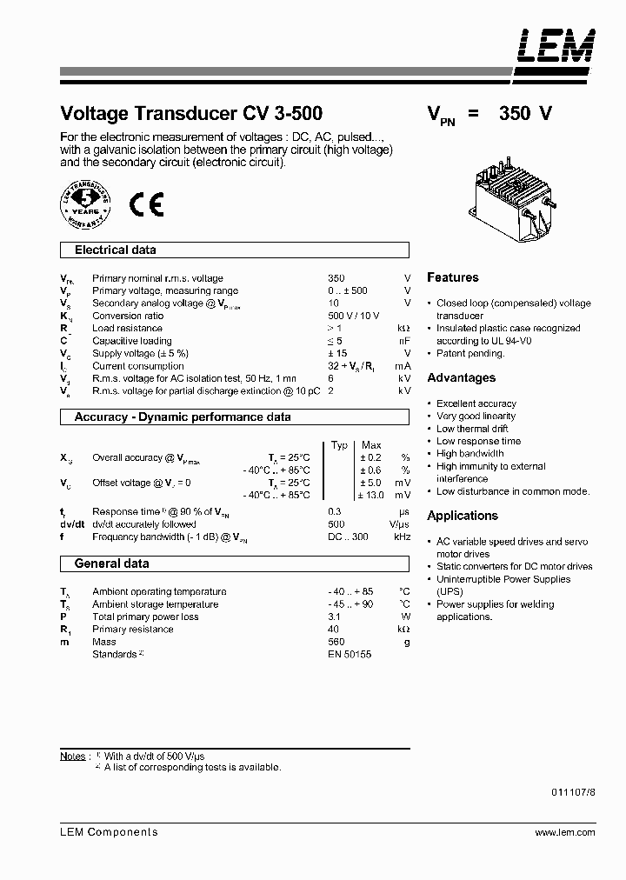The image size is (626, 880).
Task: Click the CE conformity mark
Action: pyautogui.click(x=146, y=203)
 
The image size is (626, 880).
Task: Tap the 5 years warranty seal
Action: pyautogui.click(x=86, y=203)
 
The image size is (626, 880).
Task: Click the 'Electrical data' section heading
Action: pyautogui.click(x=116, y=250)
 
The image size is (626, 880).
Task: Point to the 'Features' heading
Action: pyautogui.click(x=452, y=277)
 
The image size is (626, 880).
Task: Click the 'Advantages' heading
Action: pyautogui.click(x=461, y=377)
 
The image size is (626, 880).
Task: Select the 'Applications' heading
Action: pyautogui.click(x=462, y=516)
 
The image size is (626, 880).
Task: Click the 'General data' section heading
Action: pyautogui.click(x=111, y=563)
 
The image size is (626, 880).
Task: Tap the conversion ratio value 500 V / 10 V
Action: pyautogui.click(x=353, y=316)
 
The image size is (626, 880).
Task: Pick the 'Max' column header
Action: pyautogui.click(x=371, y=445)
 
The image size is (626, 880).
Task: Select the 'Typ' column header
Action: pyautogui.click(x=340, y=445)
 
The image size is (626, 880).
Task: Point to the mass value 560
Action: pyautogui.click(x=336, y=642)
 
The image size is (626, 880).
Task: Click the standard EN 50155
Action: pyautogui.click(x=350, y=654)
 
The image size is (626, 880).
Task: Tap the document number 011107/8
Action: pyautogui.click(x=573, y=792)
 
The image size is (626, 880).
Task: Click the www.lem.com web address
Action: pyautogui.click(x=565, y=832)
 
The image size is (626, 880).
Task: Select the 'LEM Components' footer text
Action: pyautogui.click(x=109, y=832)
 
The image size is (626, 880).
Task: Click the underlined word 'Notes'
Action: pyautogui.click(x=73, y=756)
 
